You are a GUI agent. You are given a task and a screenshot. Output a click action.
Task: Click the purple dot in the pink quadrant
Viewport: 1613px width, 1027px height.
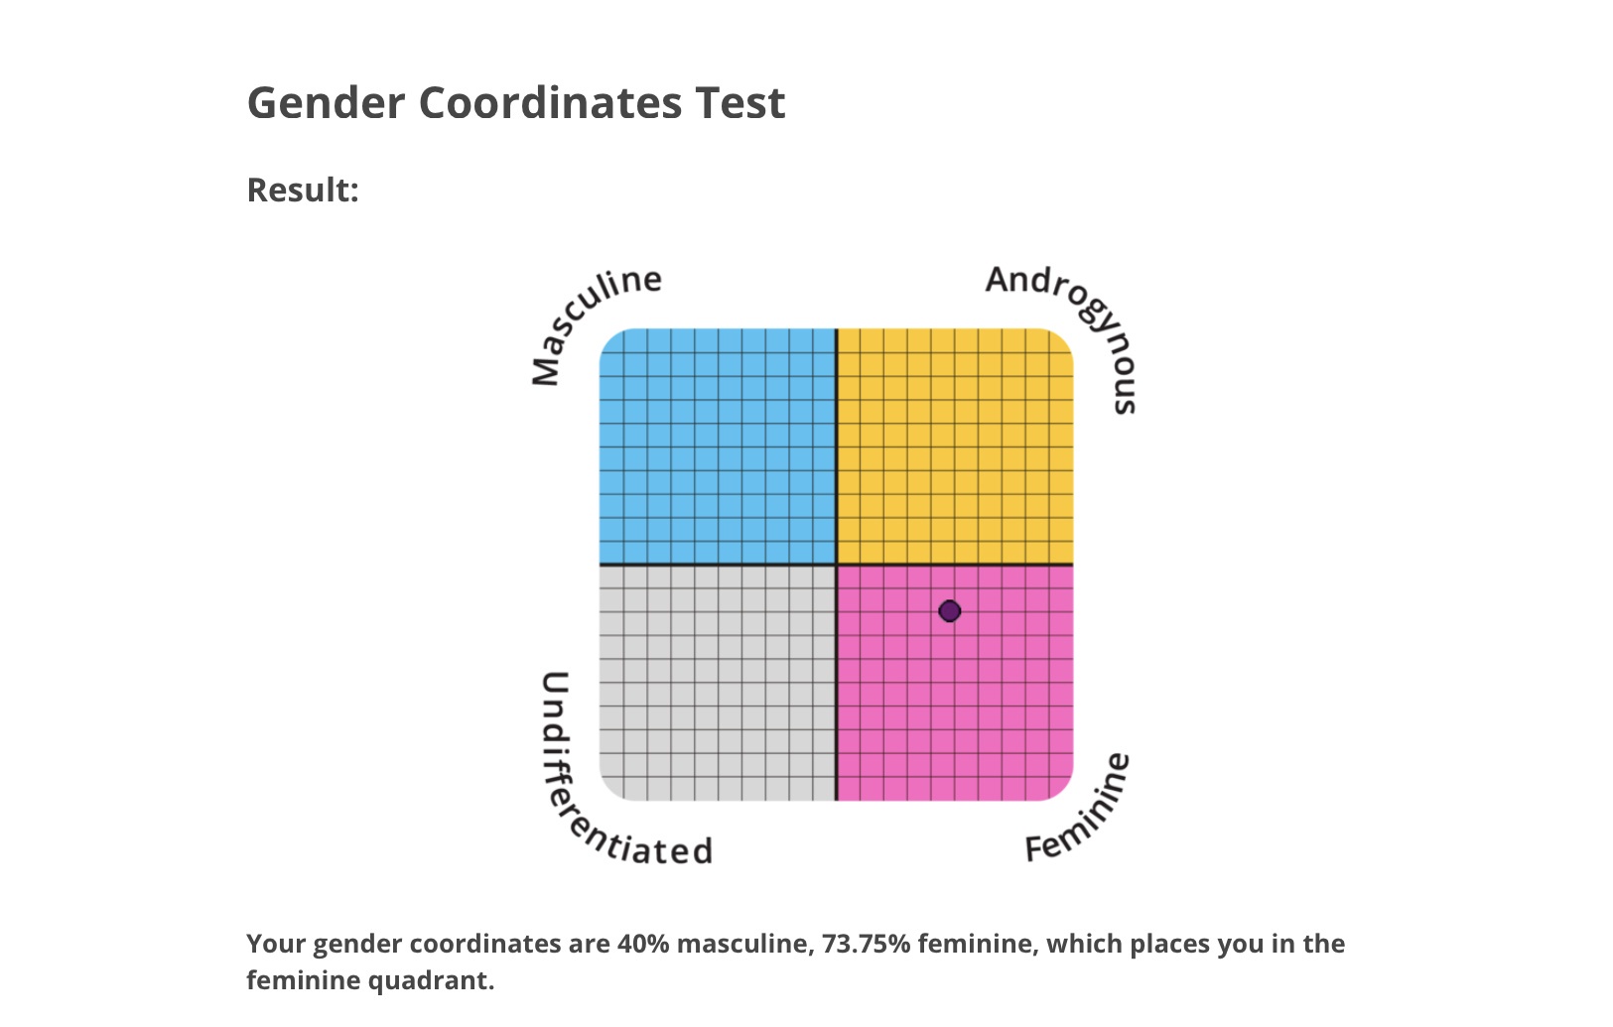click(950, 611)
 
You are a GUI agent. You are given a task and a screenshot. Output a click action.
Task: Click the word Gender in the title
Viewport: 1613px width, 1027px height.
click(327, 103)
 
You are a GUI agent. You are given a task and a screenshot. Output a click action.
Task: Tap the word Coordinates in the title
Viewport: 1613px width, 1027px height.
click(550, 103)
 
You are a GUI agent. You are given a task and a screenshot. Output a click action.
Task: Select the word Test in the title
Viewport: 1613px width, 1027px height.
click(739, 103)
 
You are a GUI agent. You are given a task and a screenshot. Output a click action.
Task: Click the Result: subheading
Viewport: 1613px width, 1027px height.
click(303, 191)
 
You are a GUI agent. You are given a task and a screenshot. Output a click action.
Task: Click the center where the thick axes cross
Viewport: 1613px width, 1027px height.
click(836, 565)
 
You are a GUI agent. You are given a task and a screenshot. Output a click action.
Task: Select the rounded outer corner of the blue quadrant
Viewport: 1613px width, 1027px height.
click(609, 338)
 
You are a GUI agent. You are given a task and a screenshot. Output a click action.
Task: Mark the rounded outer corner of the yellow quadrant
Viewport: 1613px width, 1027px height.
click(1063, 338)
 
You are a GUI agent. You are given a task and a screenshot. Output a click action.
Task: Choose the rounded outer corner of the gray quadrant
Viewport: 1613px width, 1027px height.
click(609, 791)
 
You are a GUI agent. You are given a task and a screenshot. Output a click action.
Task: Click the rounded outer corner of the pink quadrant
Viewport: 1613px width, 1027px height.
click(1063, 791)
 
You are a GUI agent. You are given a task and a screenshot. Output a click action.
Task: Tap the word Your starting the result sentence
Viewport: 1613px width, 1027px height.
click(277, 944)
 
